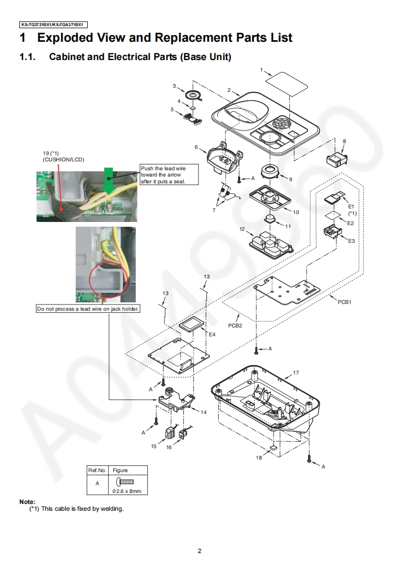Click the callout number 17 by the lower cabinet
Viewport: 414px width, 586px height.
pos(296,373)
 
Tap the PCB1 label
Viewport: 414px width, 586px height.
pos(345,302)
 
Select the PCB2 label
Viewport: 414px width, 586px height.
pos(235,325)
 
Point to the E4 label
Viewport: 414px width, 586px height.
pos(212,334)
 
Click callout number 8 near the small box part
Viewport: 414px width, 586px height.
pos(344,141)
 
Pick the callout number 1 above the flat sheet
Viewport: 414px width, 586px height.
pos(262,69)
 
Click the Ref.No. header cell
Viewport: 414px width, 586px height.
pos(97,470)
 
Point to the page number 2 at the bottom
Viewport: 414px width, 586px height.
pos(199,550)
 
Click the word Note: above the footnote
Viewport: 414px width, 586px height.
pos(27,502)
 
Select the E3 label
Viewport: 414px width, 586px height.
pos(351,241)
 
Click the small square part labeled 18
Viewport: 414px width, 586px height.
pos(273,448)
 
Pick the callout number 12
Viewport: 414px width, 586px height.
pos(242,229)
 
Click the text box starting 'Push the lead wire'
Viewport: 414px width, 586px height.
pos(163,174)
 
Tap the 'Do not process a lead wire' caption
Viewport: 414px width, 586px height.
pos(88,309)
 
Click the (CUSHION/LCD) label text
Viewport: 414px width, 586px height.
pos(63,159)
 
